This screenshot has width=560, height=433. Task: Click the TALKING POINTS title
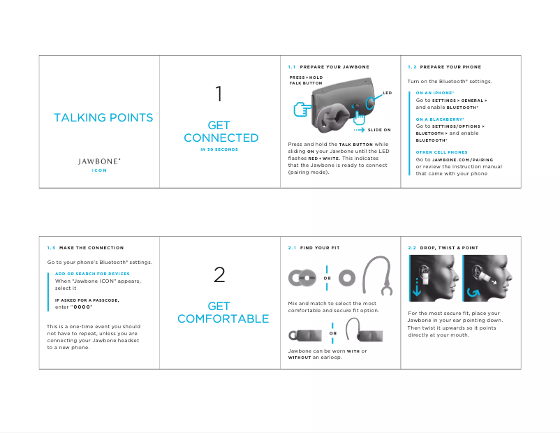point(103,117)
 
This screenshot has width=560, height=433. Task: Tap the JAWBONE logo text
point(99,161)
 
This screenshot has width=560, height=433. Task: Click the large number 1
point(219,94)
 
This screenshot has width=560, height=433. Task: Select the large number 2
point(219,275)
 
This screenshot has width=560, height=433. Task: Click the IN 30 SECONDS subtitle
point(219,149)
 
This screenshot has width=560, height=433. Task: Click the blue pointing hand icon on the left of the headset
point(301,109)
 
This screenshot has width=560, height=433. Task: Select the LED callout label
point(387,92)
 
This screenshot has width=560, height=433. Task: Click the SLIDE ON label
point(379,130)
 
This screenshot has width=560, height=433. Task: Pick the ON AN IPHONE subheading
point(434,93)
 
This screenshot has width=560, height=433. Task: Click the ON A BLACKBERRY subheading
point(439,119)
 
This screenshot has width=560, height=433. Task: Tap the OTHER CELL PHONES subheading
point(441,152)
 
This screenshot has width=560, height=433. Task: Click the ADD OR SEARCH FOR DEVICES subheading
point(92,274)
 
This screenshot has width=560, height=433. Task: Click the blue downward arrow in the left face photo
point(417,288)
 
